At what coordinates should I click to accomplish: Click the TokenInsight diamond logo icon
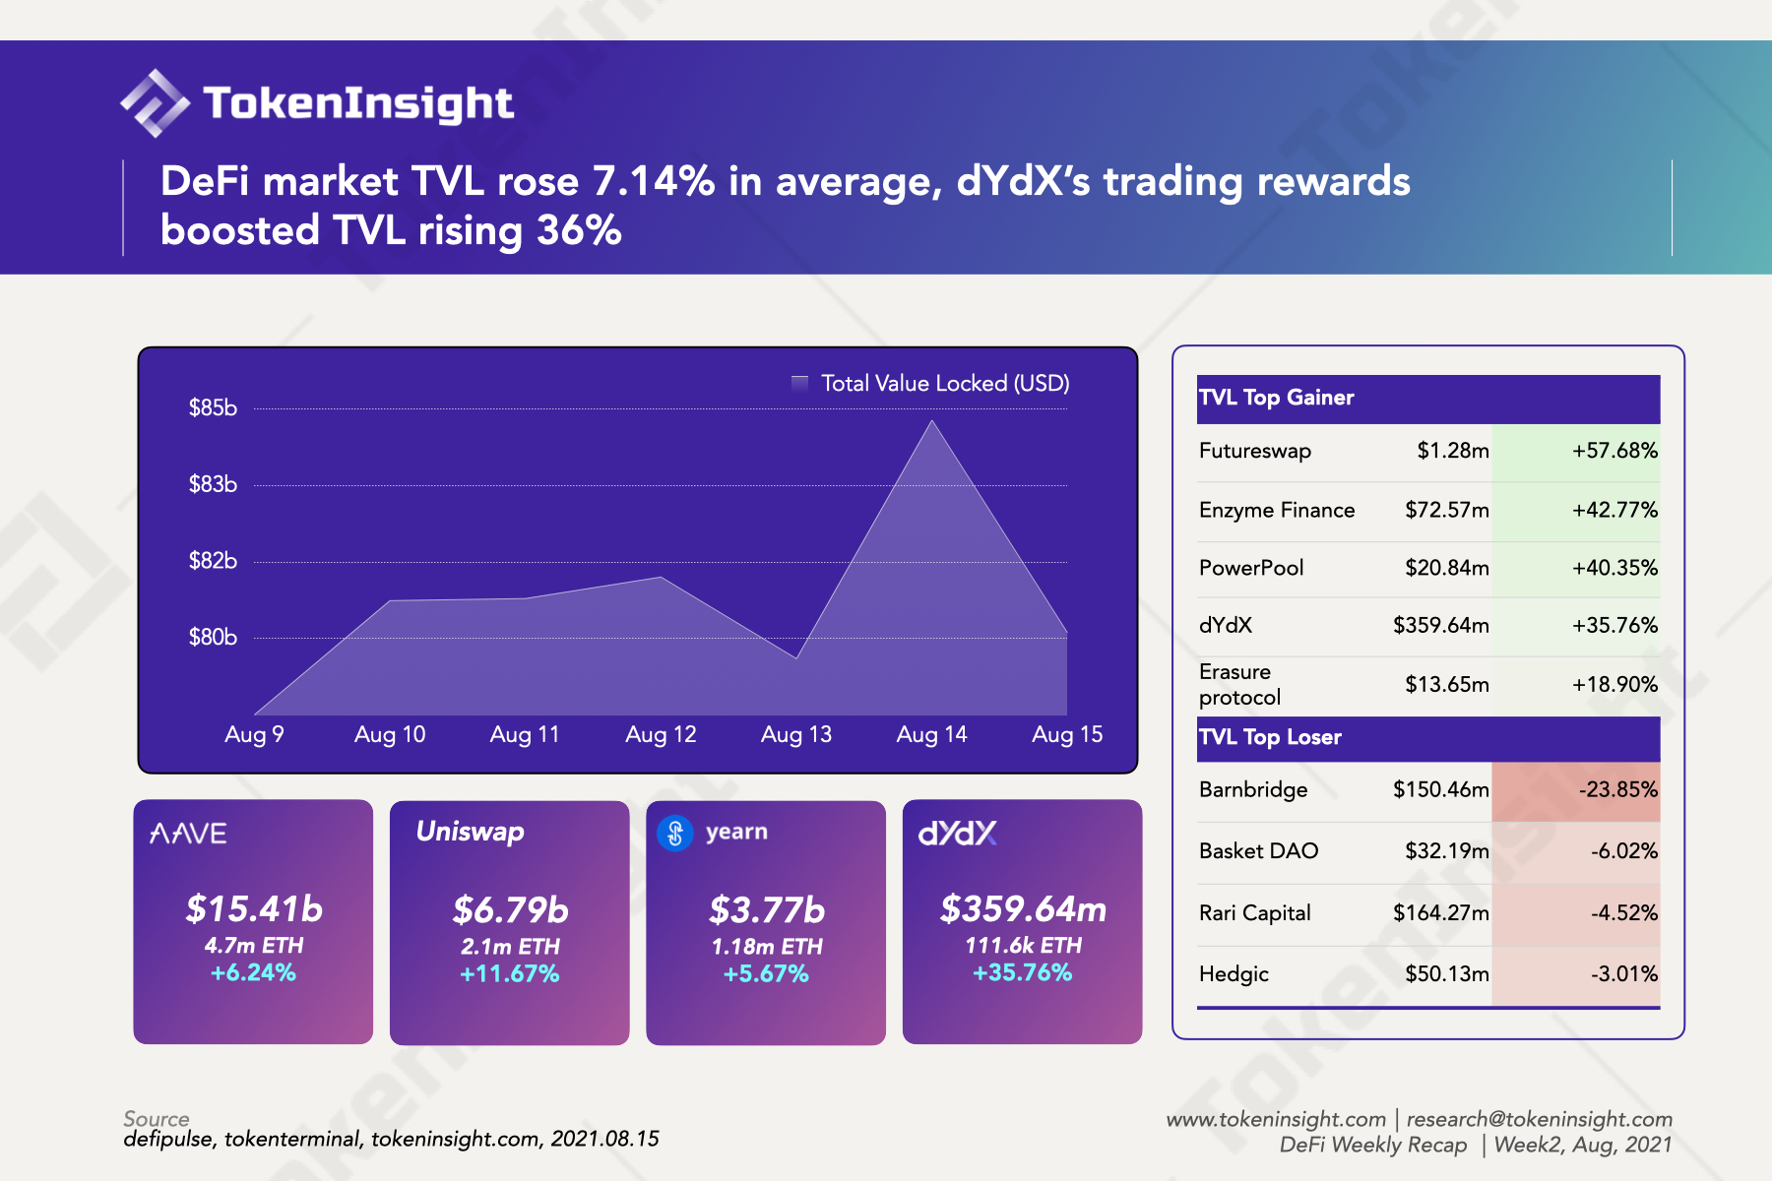click(155, 102)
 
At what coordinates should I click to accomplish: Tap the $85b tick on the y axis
click(213, 407)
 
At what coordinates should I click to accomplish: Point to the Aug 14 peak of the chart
click(931, 422)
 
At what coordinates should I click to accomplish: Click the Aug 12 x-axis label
click(661, 734)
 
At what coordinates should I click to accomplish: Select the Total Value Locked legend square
click(799, 383)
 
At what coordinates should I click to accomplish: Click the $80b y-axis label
click(213, 637)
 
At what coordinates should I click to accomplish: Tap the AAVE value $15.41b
click(254, 908)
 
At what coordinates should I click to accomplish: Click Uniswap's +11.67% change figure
click(509, 973)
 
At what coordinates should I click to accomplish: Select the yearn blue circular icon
click(675, 834)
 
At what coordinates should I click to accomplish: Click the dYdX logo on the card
click(957, 834)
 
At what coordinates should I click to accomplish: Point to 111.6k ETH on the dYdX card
click(1023, 945)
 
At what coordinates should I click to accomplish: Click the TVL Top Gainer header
click(1276, 398)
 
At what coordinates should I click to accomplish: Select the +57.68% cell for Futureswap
click(1614, 451)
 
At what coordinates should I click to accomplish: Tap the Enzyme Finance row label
click(1277, 510)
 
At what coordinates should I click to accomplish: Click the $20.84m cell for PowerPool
click(1446, 568)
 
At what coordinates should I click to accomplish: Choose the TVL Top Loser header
click(1270, 737)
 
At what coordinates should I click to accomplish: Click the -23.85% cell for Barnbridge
click(1617, 789)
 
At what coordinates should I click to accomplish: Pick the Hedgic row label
click(1234, 973)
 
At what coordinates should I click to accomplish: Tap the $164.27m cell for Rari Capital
click(1440, 912)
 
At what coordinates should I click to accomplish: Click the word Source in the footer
click(157, 1118)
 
